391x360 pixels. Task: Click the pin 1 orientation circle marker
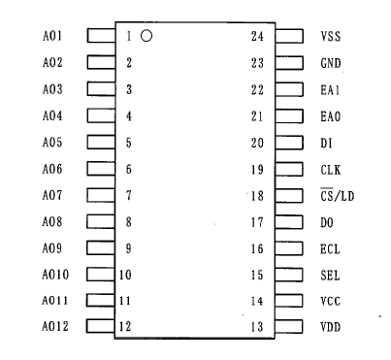point(147,37)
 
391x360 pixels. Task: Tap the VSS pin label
point(330,37)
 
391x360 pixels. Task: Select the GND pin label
point(330,63)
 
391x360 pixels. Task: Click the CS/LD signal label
point(337,195)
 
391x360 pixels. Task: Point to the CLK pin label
point(330,169)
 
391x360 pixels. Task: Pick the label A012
point(55,325)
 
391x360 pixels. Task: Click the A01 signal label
point(52,37)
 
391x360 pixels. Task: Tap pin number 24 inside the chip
point(257,37)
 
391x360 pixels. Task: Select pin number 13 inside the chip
point(257,325)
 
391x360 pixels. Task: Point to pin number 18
point(257,195)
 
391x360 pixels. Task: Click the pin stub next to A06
point(101,168)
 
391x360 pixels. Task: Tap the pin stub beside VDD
point(289,325)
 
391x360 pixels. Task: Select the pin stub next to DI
point(289,142)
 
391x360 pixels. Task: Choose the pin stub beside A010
point(101,274)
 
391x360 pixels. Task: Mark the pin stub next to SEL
point(289,274)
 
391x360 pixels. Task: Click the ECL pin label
point(330,247)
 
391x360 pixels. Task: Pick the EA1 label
point(330,89)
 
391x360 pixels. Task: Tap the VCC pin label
point(330,300)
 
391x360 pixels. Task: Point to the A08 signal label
point(52,221)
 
